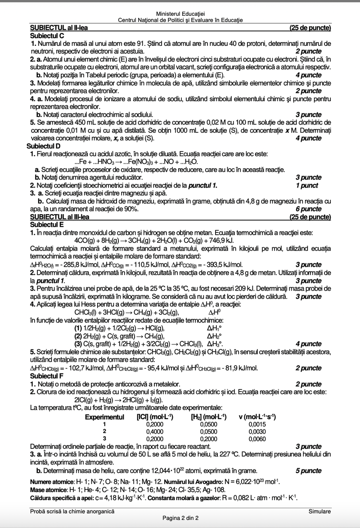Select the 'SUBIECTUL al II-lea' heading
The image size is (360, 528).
[x=58, y=28]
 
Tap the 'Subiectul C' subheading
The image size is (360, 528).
[x=47, y=36]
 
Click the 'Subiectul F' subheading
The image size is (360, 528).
[x=46, y=376]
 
